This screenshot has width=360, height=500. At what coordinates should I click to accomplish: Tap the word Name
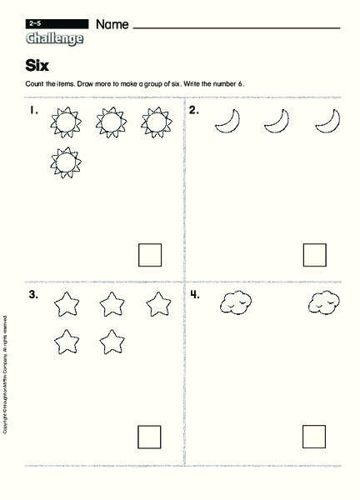coord(112,25)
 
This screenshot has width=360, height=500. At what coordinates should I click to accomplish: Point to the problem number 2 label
coord(193,111)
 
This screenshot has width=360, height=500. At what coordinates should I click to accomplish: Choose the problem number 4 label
coord(194,294)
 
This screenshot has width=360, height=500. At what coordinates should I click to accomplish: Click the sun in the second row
coord(64,162)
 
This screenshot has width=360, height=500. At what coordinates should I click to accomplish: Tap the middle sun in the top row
coord(110,123)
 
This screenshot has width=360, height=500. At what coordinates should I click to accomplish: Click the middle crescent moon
coord(275,122)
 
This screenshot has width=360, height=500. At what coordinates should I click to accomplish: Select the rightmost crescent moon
coord(326,122)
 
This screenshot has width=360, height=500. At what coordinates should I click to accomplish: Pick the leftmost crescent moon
coord(226,122)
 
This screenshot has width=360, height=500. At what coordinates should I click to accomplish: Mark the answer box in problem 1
coord(150,254)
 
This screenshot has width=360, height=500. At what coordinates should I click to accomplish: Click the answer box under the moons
coord(314,254)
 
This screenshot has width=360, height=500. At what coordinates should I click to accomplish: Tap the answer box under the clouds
coord(314,436)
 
